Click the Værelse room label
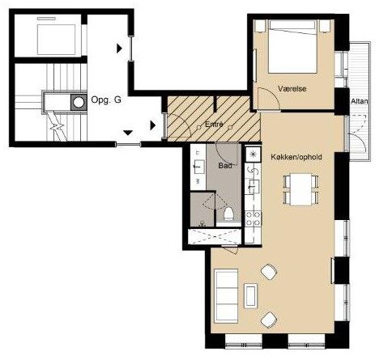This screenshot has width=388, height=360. (292, 89)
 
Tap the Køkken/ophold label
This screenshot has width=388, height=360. (296, 157)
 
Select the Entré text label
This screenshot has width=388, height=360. (214, 125)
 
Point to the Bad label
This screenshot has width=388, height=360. (225, 166)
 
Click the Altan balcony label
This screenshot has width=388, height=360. (360, 101)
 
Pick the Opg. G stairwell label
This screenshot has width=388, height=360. (106, 100)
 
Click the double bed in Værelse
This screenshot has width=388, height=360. (292, 46)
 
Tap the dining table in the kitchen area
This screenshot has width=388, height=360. (301, 189)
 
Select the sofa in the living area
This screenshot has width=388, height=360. (226, 295)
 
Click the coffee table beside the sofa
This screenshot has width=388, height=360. (250, 296)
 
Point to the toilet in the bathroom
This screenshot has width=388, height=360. (228, 214)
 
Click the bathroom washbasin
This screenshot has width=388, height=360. (198, 167)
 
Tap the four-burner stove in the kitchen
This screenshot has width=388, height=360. (254, 218)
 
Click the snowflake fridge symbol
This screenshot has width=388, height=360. (253, 155)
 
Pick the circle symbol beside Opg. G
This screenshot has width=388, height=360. (79, 103)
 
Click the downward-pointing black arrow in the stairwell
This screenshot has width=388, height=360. (128, 133)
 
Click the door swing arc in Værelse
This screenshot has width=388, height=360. (271, 96)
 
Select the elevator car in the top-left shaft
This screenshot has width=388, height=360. (56, 40)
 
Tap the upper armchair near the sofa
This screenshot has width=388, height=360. (269, 272)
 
